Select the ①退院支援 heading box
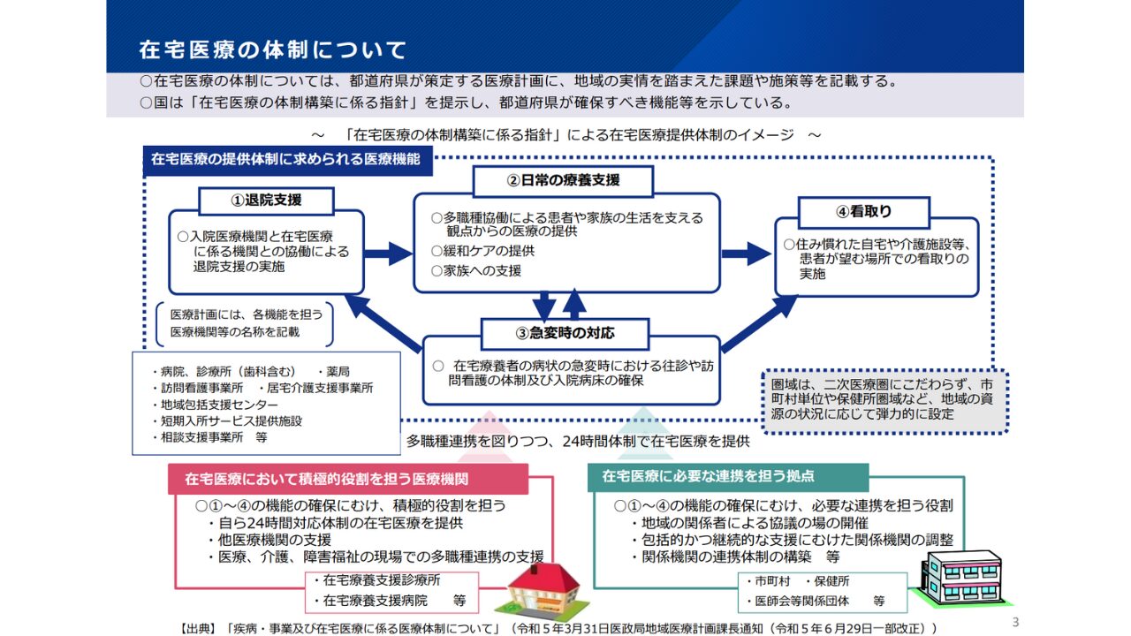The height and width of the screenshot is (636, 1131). click(266, 201)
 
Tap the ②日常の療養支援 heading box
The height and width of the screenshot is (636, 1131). click(563, 180)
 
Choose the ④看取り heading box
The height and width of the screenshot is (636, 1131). click(863, 212)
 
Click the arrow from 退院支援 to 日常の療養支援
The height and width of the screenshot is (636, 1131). click(388, 254)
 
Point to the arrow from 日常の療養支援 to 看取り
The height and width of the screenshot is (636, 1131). click(746, 254)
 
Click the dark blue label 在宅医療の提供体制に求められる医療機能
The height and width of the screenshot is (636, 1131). click(292, 160)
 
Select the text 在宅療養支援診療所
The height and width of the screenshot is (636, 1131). click(381, 580)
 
